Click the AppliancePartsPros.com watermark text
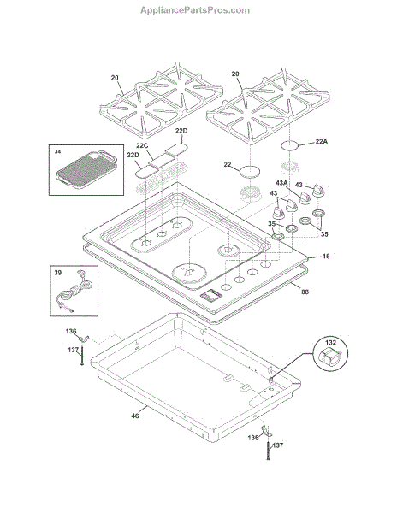pos(195,10)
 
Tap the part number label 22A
pos(322,141)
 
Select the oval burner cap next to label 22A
pos(290,145)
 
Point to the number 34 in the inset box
pos(57,152)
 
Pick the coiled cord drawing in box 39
pos(74,291)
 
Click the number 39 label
pos(57,273)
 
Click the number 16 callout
pos(326,256)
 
